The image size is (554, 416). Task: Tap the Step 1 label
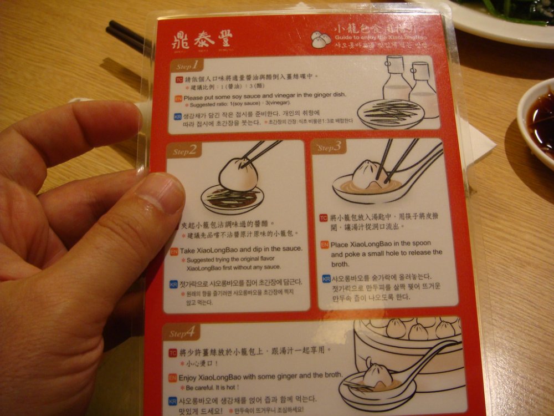point(187,65)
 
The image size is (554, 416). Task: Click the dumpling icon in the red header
point(321,38)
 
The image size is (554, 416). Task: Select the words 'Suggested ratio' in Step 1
point(206,104)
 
